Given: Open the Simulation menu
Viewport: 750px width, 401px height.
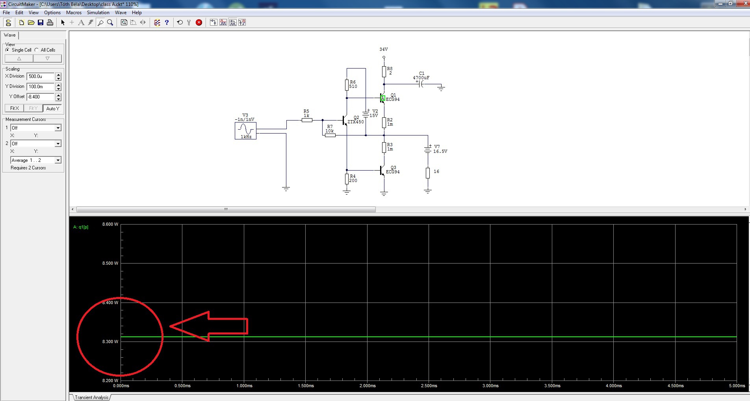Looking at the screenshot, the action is point(98,13).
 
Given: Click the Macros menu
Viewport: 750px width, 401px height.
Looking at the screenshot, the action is point(74,13).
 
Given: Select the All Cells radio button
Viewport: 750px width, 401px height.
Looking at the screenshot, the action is point(37,50).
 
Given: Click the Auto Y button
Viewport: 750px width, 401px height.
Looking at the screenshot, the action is point(52,108).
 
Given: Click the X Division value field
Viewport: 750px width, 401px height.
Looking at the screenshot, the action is point(41,76).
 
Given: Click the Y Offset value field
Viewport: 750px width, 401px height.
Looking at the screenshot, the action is point(41,97).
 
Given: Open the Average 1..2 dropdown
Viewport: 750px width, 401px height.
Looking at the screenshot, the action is point(36,160).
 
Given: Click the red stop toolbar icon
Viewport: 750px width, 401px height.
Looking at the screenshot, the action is point(199,22).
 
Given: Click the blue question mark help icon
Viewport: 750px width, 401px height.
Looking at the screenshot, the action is point(167,22).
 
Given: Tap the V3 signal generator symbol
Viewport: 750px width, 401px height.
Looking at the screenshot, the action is point(245,131).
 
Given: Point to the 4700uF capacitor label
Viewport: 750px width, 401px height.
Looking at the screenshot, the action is point(421,78).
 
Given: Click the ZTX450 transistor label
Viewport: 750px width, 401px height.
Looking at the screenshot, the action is point(356,122).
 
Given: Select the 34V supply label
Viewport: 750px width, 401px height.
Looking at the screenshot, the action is point(384,50).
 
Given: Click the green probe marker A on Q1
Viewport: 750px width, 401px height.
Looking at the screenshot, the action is point(382,98).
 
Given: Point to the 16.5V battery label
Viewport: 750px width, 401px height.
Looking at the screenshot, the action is point(440,151).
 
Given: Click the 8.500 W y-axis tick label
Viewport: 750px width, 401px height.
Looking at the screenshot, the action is point(110,263).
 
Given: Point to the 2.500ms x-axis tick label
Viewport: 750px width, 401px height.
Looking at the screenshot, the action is point(429,386).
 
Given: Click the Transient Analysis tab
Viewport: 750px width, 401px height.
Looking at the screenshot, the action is point(91,397).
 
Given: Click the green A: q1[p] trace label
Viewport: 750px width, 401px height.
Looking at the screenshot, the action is point(81,227).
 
